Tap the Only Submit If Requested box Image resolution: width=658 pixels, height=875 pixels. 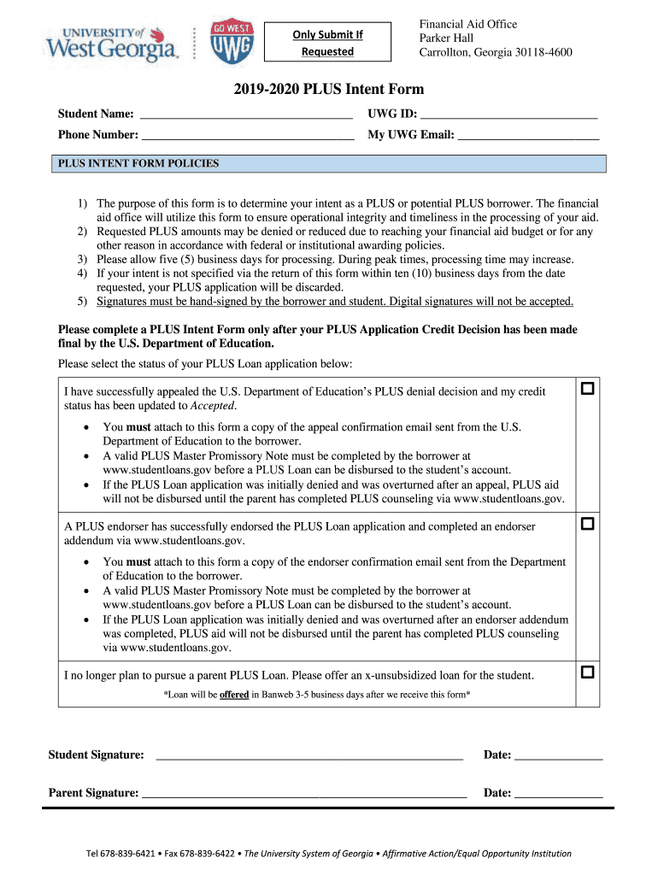pos(328,43)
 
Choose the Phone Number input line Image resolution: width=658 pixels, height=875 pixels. pos(248,136)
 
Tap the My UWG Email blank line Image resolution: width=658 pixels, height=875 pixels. pos(528,136)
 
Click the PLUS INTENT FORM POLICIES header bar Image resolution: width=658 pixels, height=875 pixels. pos(332,164)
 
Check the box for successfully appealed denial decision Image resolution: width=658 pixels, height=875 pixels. pos(587,390)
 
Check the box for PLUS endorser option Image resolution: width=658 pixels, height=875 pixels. pos(587,523)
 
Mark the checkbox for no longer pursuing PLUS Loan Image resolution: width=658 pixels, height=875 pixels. pos(587,672)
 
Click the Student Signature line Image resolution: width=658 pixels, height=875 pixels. pos(309,756)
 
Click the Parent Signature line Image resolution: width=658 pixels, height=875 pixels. pos(304,794)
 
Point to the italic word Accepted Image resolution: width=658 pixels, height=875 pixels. pos(213,406)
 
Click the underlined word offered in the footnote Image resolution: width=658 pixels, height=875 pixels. pos(234,696)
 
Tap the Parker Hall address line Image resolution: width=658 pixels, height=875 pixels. pos(447,38)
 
